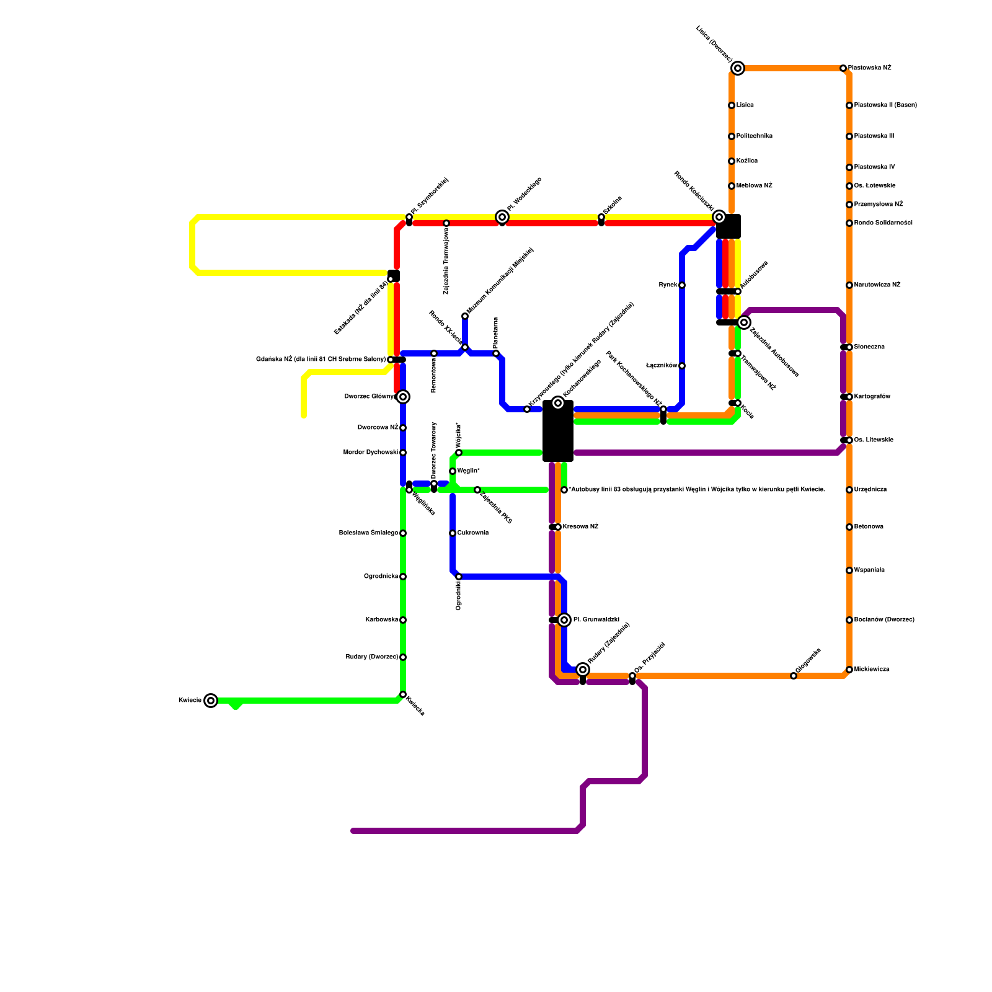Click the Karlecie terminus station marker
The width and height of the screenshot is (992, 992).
coord(211,701)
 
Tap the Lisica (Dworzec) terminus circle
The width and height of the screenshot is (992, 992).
coord(738,68)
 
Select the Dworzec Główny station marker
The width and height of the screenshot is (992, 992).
coord(403,397)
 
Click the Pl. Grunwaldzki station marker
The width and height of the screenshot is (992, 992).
coord(564,620)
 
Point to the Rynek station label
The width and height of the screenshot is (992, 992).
coord(668,285)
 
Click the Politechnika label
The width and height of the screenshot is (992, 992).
coord(755,136)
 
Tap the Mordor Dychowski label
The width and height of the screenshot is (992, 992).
coord(370,453)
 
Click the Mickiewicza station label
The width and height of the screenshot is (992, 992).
coord(872,670)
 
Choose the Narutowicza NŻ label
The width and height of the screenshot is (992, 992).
coord(877,285)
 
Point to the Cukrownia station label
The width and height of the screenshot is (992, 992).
coord(473,533)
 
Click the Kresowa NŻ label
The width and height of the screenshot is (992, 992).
coord(580,527)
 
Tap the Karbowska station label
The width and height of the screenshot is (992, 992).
coord(381,620)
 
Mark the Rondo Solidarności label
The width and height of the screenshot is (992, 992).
coord(883,223)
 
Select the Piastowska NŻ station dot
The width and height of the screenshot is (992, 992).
coord(843,68)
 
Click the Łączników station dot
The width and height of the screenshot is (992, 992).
coord(682,366)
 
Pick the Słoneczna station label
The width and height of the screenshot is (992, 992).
coord(869,347)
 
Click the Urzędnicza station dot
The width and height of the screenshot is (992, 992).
coord(849,490)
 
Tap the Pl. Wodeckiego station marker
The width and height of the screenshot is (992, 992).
coord(502,217)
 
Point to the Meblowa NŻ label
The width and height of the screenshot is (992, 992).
coord(755,186)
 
